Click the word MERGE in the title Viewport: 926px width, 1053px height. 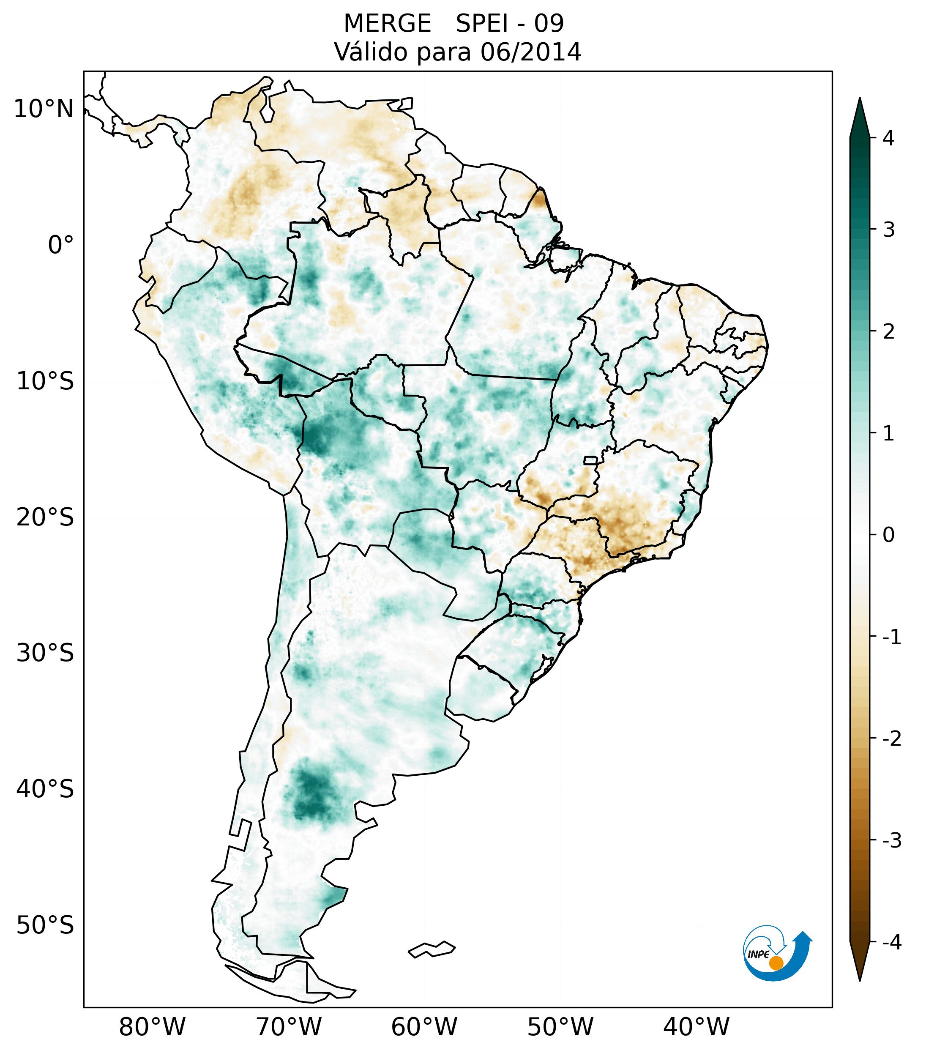[x=387, y=24]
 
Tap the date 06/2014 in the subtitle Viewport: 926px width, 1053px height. [x=530, y=52]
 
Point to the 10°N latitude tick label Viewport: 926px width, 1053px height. [x=44, y=109]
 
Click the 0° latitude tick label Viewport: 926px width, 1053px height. [x=61, y=245]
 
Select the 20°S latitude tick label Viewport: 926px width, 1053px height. [x=45, y=517]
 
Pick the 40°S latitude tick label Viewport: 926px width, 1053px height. [x=45, y=789]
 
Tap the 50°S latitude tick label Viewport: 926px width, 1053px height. [x=45, y=926]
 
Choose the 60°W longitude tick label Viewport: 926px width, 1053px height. [x=424, y=1027]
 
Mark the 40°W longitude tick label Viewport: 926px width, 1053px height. [x=697, y=1027]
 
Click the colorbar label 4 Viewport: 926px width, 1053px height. [x=888, y=138]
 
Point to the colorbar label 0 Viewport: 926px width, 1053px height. [x=888, y=535]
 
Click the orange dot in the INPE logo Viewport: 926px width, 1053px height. [x=776, y=963]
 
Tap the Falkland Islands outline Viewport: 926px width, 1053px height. [x=432, y=949]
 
